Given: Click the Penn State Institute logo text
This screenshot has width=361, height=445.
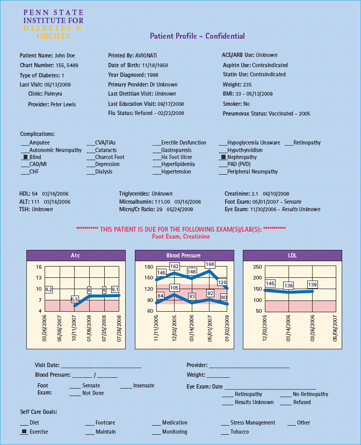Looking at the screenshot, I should click(x=53, y=24).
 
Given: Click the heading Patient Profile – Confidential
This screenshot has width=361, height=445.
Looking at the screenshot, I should click(x=197, y=36).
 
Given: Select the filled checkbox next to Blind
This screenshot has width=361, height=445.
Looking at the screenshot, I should click(x=25, y=157).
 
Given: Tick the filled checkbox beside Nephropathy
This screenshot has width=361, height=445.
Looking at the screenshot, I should click(x=223, y=157).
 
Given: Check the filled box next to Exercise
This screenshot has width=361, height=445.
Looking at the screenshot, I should click(x=24, y=432).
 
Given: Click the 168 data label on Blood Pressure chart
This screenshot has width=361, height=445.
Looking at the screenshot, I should click(x=210, y=264).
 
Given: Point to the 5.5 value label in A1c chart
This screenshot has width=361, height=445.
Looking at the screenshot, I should click(x=75, y=299).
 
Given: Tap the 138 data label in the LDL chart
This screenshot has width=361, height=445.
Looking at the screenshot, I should click(x=288, y=286).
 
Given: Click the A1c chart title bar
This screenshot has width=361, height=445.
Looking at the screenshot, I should click(x=75, y=255).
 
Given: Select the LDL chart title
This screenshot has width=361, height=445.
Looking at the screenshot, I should click(x=292, y=255).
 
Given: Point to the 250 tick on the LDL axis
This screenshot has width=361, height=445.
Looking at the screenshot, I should click(x=257, y=267).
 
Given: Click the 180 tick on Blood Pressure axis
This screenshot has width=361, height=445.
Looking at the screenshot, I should click(x=149, y=267).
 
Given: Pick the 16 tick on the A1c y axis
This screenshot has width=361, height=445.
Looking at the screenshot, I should click(x=39, y=267).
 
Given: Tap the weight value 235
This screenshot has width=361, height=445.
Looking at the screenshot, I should click(x=247, y=84).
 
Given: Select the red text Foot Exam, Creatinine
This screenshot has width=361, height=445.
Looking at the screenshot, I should click(x=181, y=236).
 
